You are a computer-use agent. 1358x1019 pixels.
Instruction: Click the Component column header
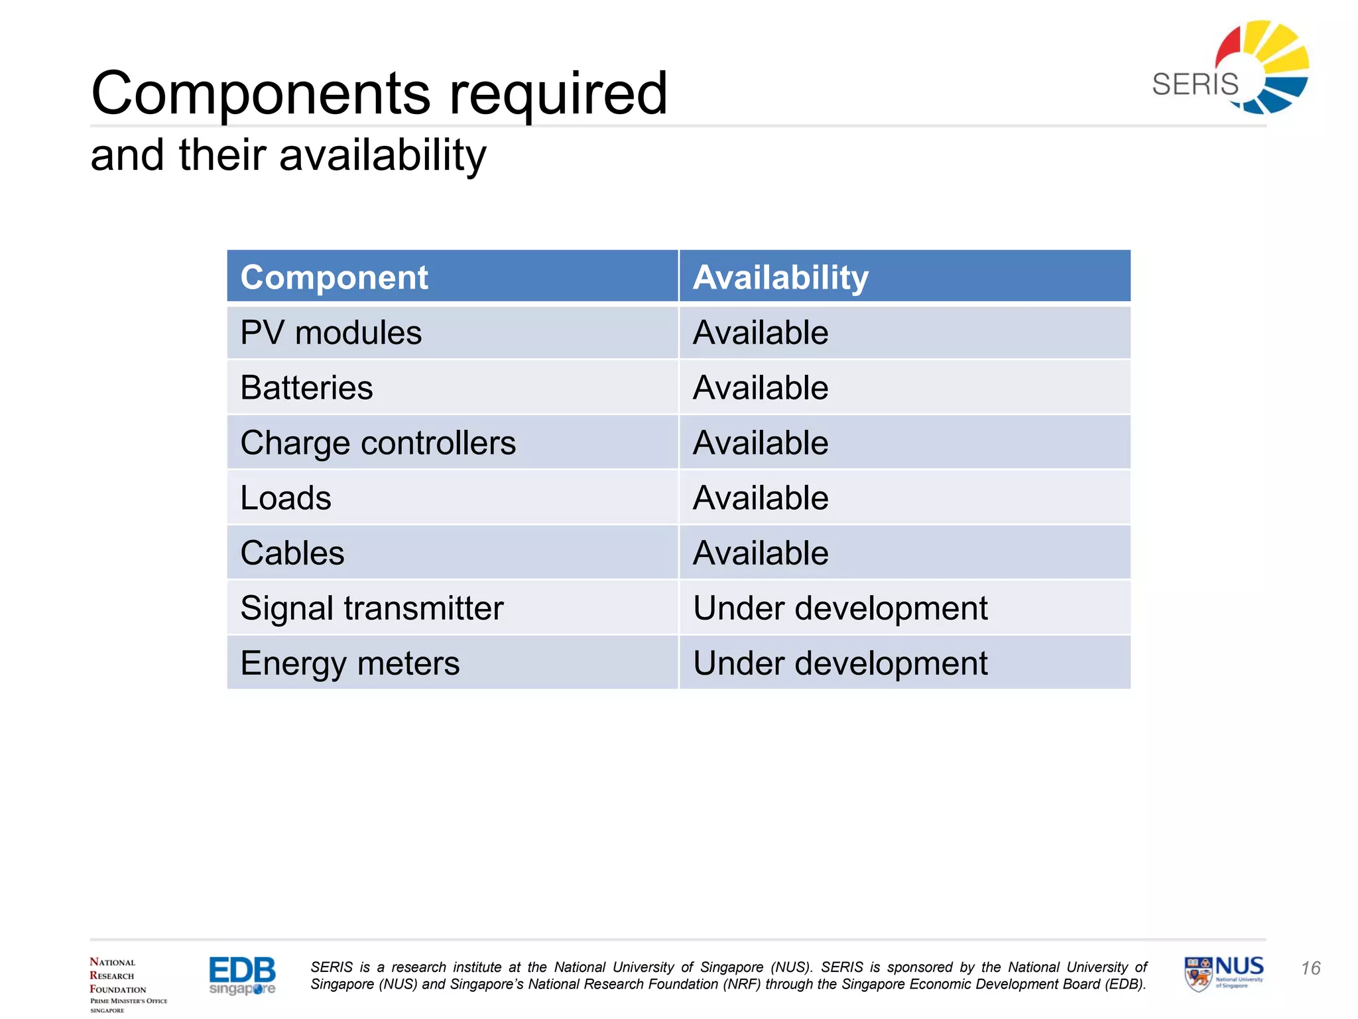point(334,277)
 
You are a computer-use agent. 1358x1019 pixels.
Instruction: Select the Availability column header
point(780,277)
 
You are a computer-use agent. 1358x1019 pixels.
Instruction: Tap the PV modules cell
point(331,332)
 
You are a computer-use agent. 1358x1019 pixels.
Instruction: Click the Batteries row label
point(306,387)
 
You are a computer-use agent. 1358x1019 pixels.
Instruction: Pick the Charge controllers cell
point(377,442)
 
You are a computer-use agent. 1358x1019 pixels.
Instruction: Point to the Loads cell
point(285,498)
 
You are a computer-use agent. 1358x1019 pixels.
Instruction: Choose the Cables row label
point(292,553)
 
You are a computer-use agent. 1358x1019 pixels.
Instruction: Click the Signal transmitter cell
point(371,608)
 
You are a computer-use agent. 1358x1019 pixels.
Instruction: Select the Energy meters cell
point(349,663)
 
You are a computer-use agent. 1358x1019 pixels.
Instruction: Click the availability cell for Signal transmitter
point(839,608)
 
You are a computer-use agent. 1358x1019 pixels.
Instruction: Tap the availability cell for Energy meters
point(839,663)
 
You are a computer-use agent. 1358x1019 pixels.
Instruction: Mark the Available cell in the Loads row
point(760,498)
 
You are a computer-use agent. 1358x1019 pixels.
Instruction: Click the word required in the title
point(558,94)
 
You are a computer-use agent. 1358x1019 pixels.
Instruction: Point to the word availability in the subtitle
point(383,156)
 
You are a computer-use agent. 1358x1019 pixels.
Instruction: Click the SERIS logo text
point(1194,85)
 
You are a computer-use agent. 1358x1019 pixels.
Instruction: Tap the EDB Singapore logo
point(242,975)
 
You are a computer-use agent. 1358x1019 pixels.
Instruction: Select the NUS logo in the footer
point(1223,973)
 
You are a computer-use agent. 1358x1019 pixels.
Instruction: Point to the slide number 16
point(1310,969)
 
